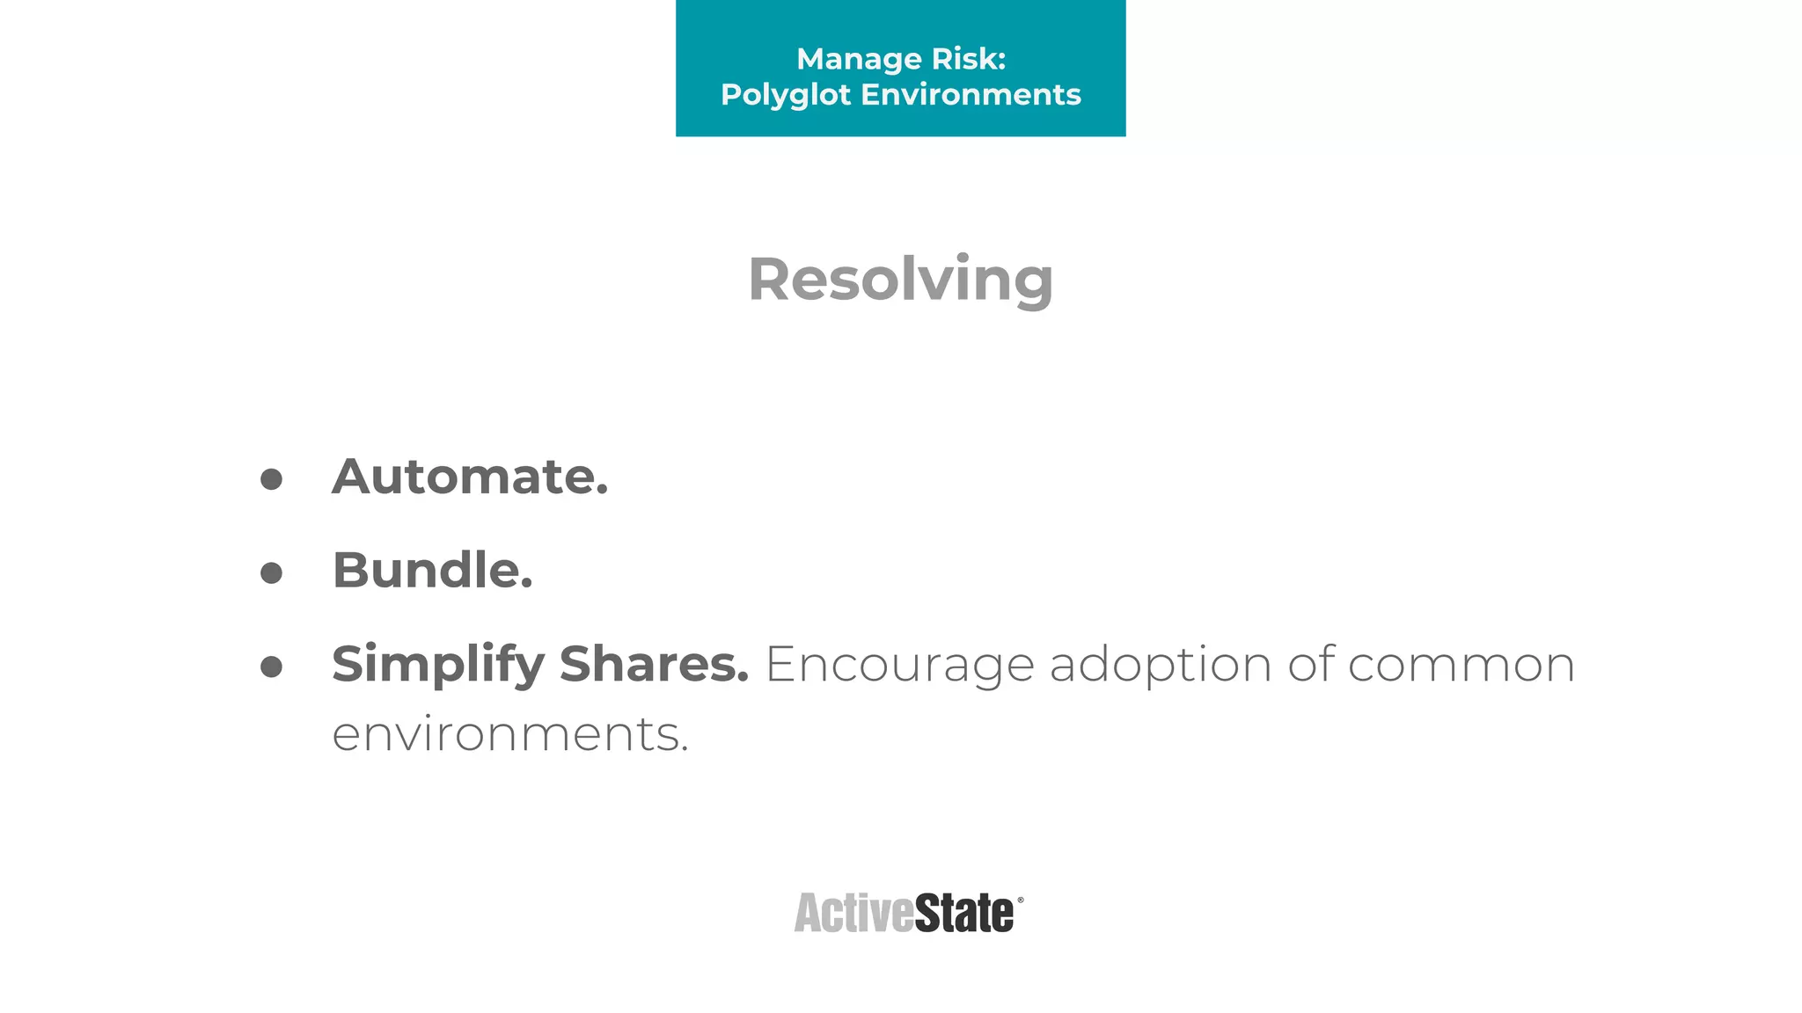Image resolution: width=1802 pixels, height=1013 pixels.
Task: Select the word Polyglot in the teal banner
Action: [785, 95]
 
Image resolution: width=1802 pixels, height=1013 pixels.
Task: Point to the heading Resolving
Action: [900, 280]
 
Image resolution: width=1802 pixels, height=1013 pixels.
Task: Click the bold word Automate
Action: [470, 477]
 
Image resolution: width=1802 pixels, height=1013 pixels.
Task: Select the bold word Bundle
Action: [432, 570]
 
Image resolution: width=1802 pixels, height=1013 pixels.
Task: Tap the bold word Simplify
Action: [438, 665]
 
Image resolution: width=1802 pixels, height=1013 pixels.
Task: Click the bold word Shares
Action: [654, 663]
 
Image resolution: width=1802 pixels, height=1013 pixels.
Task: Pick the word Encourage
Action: [899, 666]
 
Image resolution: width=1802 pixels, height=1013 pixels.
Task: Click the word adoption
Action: [1161, 666]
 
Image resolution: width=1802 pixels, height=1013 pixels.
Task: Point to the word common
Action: [1461, 665]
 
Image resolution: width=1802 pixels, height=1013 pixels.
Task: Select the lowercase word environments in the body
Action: [509, 734]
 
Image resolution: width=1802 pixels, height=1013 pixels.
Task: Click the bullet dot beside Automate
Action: [272, 479]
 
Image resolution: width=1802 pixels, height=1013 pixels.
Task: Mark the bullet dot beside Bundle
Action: [272, 573]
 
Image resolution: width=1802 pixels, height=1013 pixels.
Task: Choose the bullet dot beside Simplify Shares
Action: [272, 667]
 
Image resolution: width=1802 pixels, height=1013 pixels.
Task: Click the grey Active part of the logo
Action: [853, 913]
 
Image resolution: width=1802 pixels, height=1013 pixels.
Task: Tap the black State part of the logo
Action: [964, 913]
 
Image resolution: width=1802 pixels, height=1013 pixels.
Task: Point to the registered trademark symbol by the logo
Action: [1021, 900]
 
